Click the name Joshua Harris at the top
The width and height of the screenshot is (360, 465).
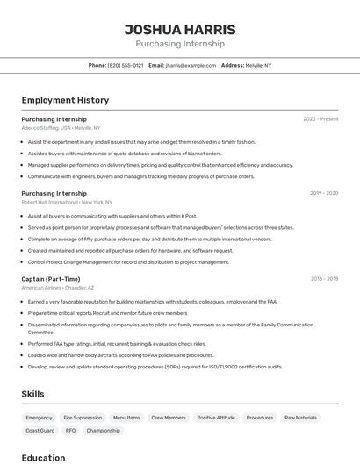pyautogui.click(x=179, y=29)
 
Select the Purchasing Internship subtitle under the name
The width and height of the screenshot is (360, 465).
pyautogui.click(x=179, y=43)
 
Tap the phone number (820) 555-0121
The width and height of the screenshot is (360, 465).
pyautogui.click(x=126, y=65)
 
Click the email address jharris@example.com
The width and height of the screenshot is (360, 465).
pyautogui.click(x=191, y=65)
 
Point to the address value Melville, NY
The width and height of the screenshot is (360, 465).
pyautogui.click(x=258, y=65)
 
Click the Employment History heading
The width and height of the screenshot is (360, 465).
pyautogui.click(x=65, y=100)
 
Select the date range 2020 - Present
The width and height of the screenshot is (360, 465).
pyautogui.click(x=320, y=119)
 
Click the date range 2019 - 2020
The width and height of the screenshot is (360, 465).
pyautogui.click(x=323, y=193)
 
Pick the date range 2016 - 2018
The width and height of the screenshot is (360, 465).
pyautogui.click(x=324, y=279)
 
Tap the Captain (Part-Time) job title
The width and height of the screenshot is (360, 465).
pyautogui.click(x=50, y=279)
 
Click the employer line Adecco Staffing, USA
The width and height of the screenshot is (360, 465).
pyautogui.click(x=46, y=128)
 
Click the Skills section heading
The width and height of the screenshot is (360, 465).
pyautogui.click(x=33, y=394)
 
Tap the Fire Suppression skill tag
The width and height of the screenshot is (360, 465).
pyautogui.click(x=83, y=418)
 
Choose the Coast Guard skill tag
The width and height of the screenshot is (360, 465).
pyautogui.click(x=40, y=431)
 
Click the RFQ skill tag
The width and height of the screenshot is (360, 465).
pyautogui.click(x=70, y=431)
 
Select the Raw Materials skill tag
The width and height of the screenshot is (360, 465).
pyautogui.click(x=300, y=418)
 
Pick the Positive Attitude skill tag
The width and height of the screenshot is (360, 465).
pyautogui.click(x=215, y=418)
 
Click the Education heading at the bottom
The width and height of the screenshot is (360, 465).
pyautogui.click(x=43, y=457)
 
